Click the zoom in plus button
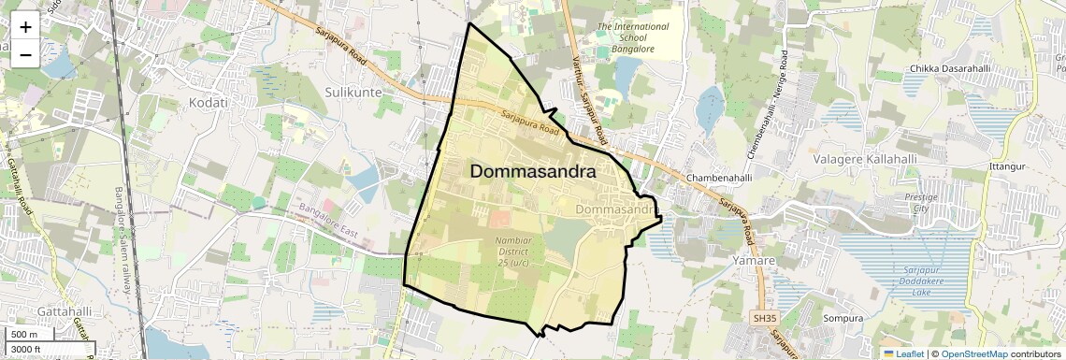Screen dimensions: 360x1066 (x=25, y=27)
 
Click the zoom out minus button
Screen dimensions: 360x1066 (x=25, y=55)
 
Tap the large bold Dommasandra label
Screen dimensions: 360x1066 (x=533, y=171)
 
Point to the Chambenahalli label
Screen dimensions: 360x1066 (x=719, y=177)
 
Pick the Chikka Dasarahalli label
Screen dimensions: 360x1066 (x=950, y=69)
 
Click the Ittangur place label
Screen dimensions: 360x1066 (x=1007, y=166)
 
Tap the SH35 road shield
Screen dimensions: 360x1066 (x=765, y=319)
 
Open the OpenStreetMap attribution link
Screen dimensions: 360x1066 (x=974, y=353)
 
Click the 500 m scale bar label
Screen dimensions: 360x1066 (x=26, y=335)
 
